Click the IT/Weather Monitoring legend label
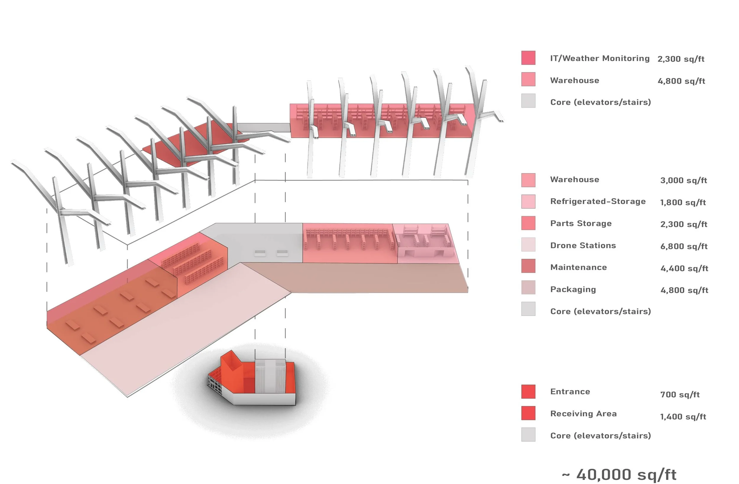(x=599, y=59)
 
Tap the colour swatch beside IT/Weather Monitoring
(x=528, y=58)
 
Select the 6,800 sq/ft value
(x=684, y=246)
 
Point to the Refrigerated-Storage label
(x=598, y=201)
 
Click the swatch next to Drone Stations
(x=528, y=245)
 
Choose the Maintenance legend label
(x=578, y=267)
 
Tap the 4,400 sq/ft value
(x=684, y=268)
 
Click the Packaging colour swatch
(x=528, y=287)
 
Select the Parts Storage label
(x=581, y=223)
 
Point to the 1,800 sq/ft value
(x=683, y=203)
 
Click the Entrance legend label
(x=570, y=391)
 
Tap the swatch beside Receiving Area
(x=528, y=413)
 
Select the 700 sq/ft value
(x=680, y=394)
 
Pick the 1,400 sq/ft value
(x=683, y=417)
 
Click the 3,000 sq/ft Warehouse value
(x=683, y=180)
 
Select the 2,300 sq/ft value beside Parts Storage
(x=684, y=224)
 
